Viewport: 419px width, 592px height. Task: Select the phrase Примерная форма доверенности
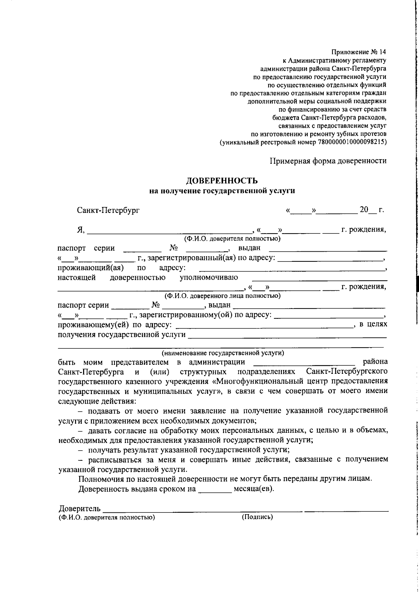click(x=328, y=161)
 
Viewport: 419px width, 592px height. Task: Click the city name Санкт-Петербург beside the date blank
click(x=108, y=210)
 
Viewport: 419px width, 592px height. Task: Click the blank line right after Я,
click(x=169, y=230)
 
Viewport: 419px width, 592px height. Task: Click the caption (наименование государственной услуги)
click(x=222, y=353)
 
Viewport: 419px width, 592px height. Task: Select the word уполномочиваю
click(x=208, y=277)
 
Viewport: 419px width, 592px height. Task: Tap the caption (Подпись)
click(x=257, y=517)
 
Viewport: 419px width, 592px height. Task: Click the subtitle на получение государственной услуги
click(x=222, y=191)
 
